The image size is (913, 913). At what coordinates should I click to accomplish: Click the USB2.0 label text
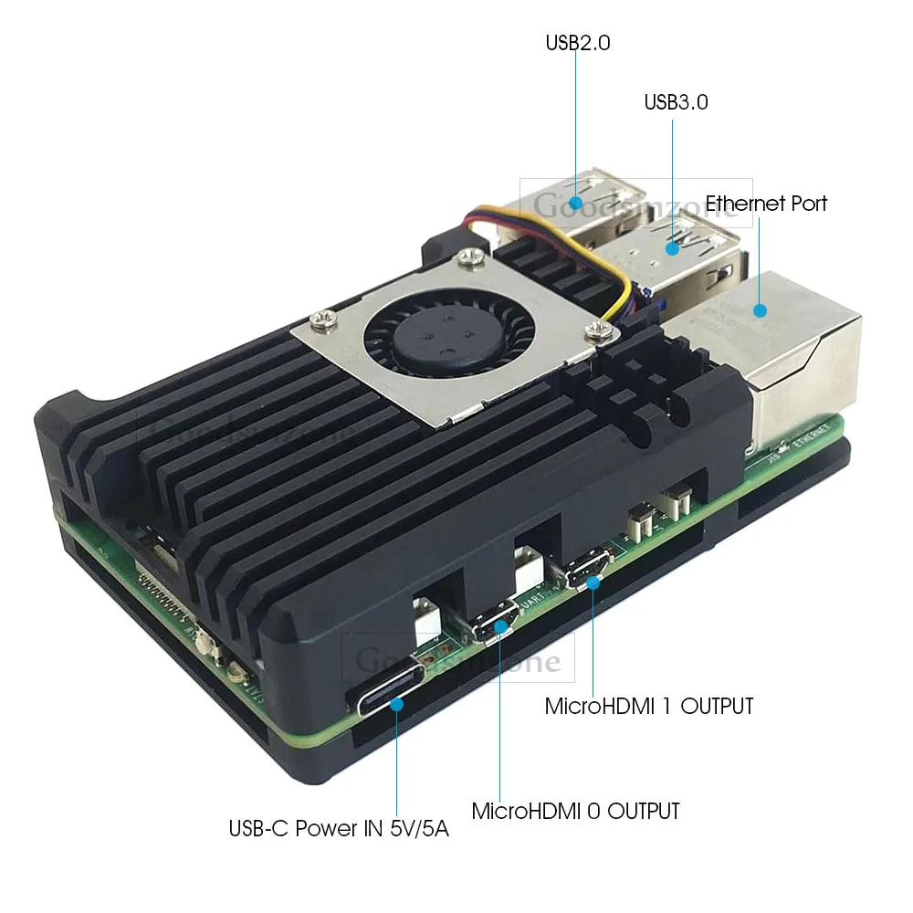point(577,42)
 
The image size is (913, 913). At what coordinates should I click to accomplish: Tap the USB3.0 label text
point(676,102)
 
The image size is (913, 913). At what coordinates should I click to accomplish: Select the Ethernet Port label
point(766,203)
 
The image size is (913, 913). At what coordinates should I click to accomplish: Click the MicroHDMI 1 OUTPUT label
point(649,706)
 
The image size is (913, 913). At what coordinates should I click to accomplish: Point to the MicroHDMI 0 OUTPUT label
point(575,811)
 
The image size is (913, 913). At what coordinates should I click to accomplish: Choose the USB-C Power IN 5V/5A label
point(339,830)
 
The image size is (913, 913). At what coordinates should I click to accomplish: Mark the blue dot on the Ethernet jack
point(760,310)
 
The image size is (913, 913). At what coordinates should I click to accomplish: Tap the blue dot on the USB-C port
point(398,704)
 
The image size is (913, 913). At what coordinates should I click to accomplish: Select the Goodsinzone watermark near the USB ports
point(635,203)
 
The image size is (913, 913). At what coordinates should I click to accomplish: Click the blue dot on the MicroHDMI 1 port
point(593,580)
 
